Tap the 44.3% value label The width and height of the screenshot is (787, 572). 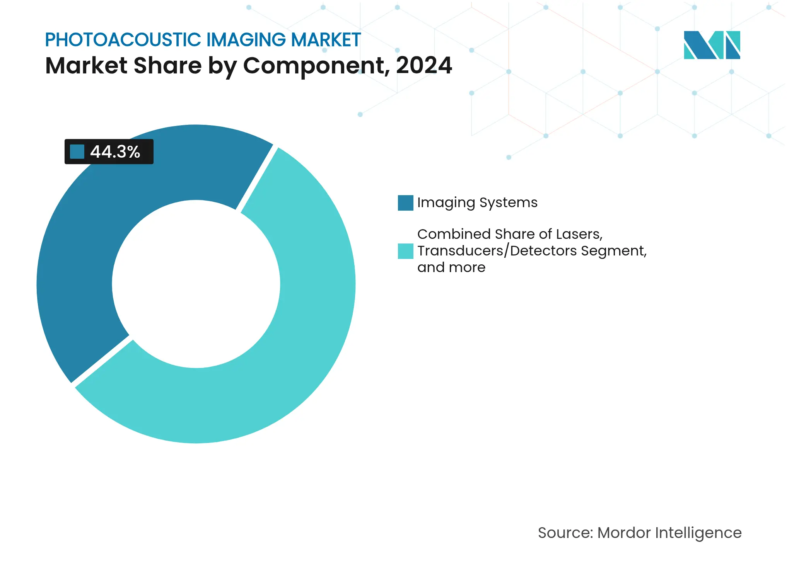[x=115, y=152]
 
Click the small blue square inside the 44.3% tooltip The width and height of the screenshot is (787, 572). [x=77, y=152]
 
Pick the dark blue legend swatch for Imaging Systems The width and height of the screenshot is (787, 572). [x=405, y=203]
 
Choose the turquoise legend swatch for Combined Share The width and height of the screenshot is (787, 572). [x=405, y=251]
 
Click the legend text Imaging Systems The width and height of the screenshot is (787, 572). [x=477, y=203]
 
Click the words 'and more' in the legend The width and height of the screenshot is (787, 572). [x=451, y=267]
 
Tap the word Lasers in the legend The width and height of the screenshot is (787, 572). [x=579, y=234]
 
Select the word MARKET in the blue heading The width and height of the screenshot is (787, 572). [x=326, y=40]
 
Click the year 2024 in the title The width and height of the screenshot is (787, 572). [x=424, y=65]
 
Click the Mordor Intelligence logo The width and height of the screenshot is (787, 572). [x=712, y=45]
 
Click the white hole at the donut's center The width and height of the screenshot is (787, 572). [x=196, y=284]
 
